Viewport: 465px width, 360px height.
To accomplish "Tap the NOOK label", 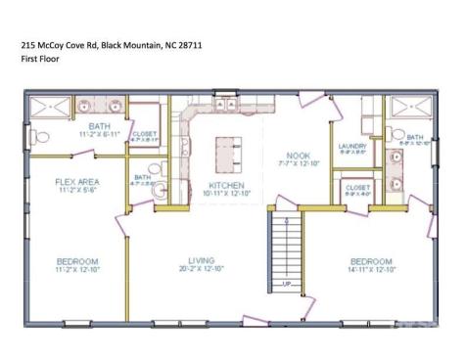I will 298,156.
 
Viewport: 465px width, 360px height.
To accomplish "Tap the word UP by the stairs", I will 285,284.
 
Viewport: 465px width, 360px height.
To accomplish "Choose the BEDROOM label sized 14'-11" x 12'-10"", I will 372,261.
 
